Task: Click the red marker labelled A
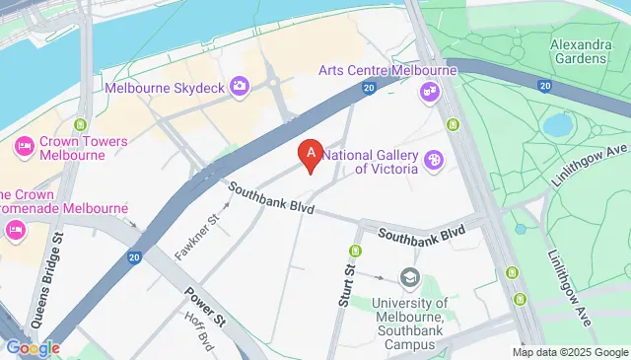pos(312,155)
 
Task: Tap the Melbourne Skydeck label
pos(164,88)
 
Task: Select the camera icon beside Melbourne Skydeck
pos(240,88)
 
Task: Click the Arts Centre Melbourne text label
pos(387,71)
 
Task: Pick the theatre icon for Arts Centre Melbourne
pos(429,92)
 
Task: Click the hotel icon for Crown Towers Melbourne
pos(24,148)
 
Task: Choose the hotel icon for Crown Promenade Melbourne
pos(15,230)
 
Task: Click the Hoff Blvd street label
pos(200,332)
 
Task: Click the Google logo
pos(33,347)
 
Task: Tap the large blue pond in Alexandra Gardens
pos(558,125)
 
